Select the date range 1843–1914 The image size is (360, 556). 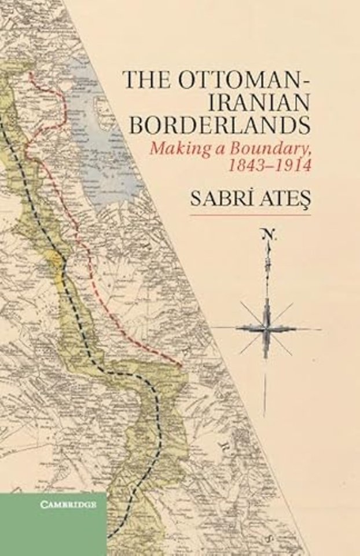click(267, 166)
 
